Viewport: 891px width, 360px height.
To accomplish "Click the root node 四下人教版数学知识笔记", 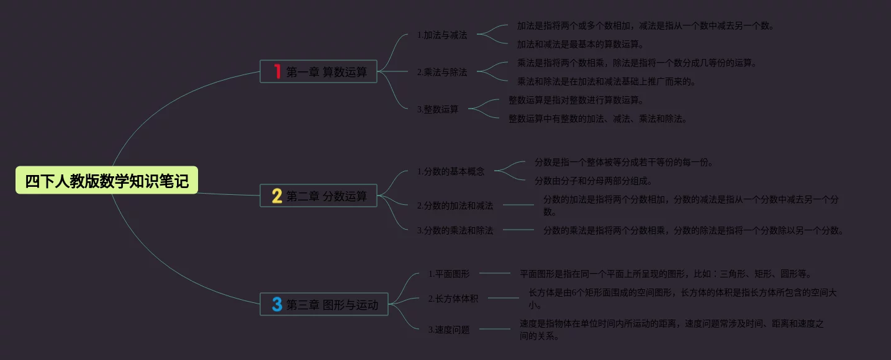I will pyautogui.click(x=107, y=181).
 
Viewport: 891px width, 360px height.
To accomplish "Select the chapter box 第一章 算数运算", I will pyautogui.click(x=319, y=71).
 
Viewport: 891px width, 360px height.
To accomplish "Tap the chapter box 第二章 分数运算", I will pyautogui.click(x=319, y=196).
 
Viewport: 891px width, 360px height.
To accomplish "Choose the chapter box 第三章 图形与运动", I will pyautogui.click(x=324, y=305).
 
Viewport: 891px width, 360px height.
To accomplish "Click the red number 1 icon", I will pyautogui.click(x=278, y=71).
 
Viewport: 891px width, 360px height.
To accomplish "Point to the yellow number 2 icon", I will pyautogui.click(x=277, y=196).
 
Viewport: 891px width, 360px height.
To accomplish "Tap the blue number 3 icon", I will pyautogui.click(x=277, y=305).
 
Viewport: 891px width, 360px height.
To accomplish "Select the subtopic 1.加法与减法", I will pyautogui.click(x=442, y=35).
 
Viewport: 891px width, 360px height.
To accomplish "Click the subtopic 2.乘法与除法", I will pyautogui.click(x=442, y=72).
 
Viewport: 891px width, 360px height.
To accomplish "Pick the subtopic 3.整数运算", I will pyautogui.click(x=438, y=109).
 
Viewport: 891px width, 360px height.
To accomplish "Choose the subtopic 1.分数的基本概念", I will pyautogui.click(x=451, y=171).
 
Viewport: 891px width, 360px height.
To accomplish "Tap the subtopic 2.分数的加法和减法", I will pyautogui.click(x=455, y=205).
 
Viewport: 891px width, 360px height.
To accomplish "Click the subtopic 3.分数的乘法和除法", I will pyautogui.click(x=455, y=230).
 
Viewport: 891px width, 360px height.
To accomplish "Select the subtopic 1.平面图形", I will pyautogui.click(x=449, y=273).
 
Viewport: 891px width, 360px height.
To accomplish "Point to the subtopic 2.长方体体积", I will pyautogui.click(x=453, y=299).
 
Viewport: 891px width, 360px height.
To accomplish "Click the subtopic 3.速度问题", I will pyautogui.click(x=449, y=330).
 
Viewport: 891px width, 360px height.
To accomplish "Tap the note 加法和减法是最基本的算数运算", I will pyautogui.click(x=580, y=44).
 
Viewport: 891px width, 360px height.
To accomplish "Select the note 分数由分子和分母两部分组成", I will pyautogui.click(x=593, y=181).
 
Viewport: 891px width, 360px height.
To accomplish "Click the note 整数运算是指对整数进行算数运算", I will pyautogui.click(x=576, y=100).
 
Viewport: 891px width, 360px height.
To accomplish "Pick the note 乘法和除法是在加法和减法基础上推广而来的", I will pyautogui.click(x=606, y=81).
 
